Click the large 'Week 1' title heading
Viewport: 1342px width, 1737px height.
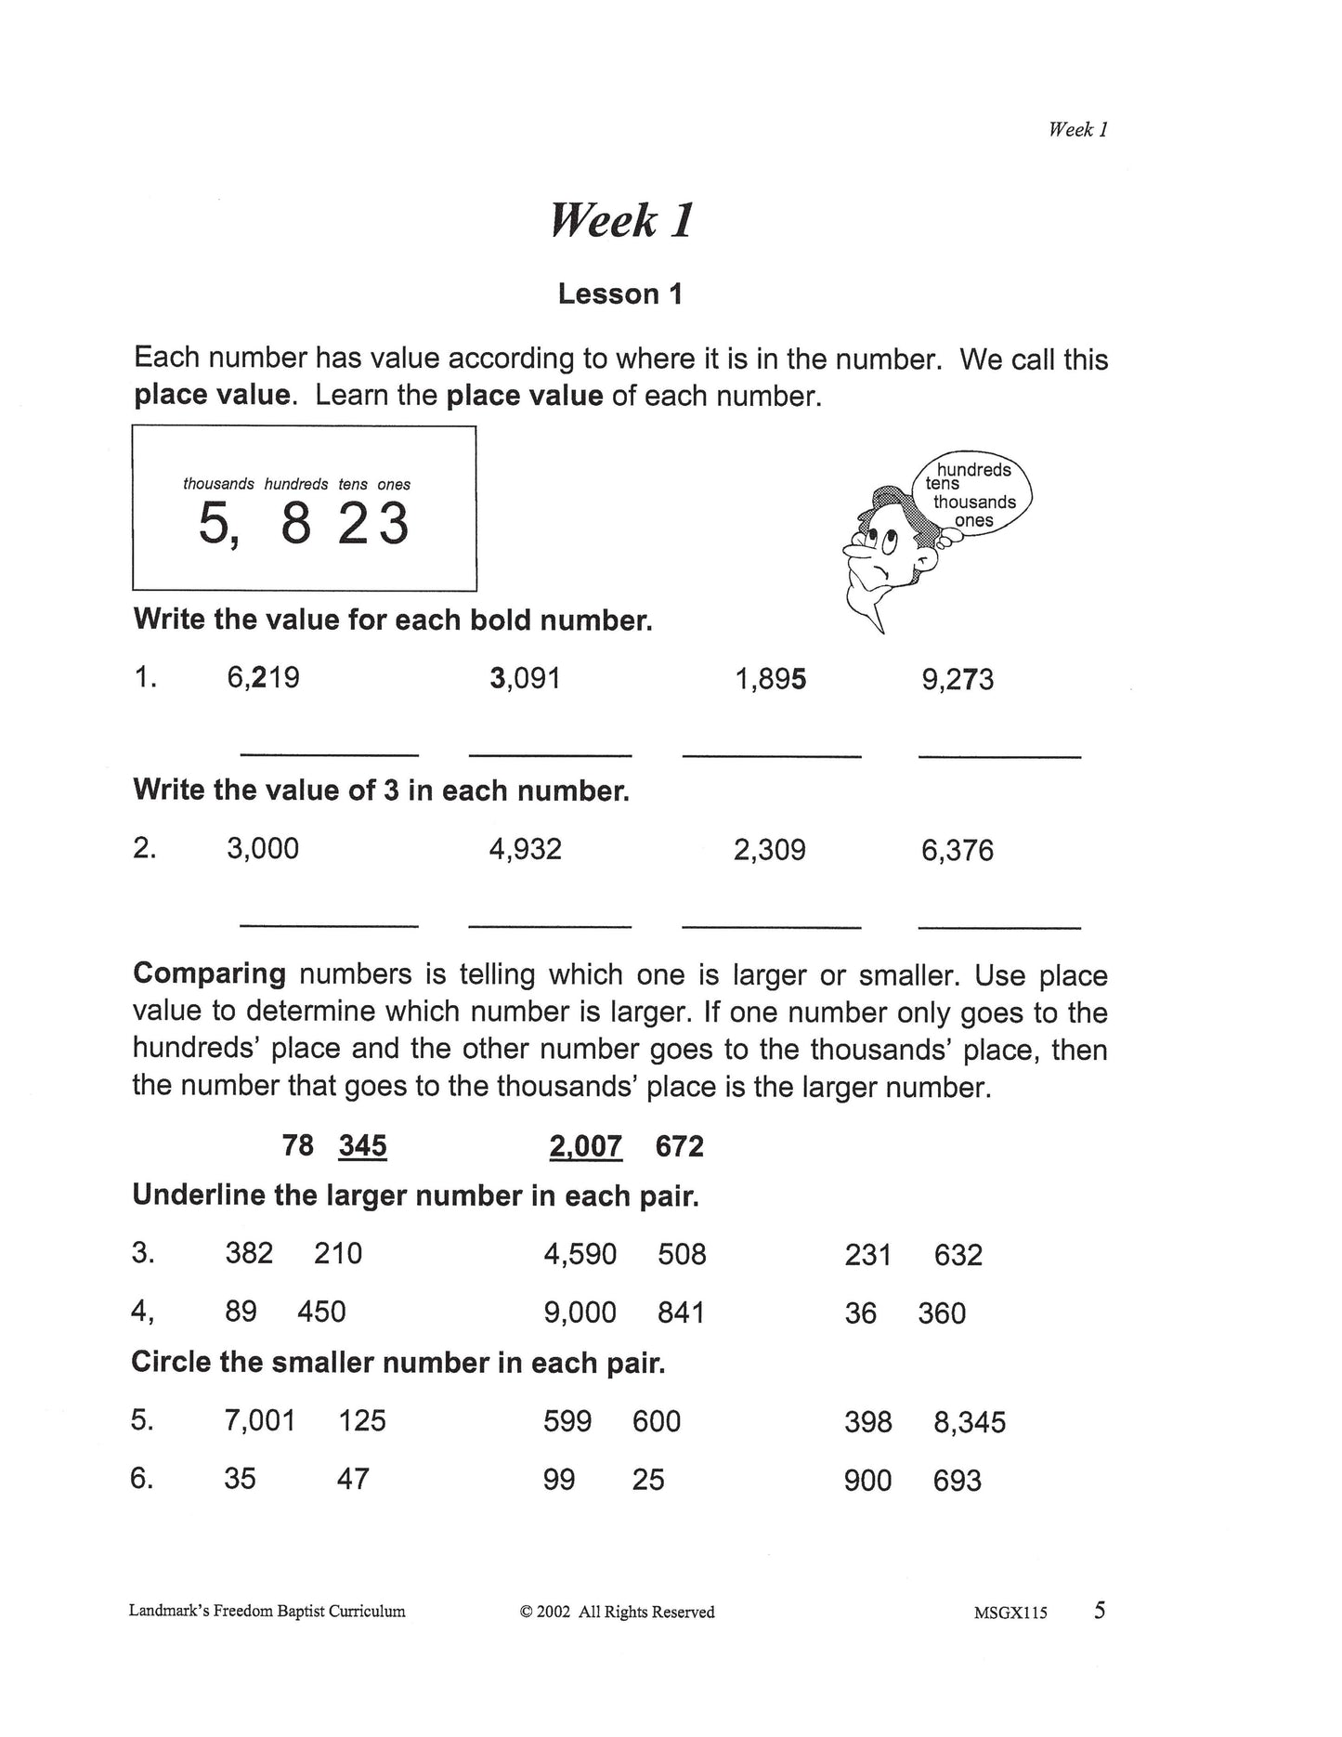click(x=621, y=221)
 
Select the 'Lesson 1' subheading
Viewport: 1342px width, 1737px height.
click(x=620, y=294)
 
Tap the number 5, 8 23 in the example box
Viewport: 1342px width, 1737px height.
click(x=304, y=524)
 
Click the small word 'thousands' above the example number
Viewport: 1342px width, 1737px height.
click(x=218, y=484)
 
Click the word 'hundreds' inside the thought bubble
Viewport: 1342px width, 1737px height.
click(x=973, y=470)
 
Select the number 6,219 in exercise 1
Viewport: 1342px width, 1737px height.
click(x=263, y=678)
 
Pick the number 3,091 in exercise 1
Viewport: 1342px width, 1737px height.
click(x=525, y=678)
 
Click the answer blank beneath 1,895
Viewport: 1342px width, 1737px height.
click(x=772, y=754)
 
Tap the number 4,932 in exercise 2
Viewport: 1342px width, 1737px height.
click(x=525, y=849)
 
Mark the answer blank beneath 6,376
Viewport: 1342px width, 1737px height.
click(x=999, y=925)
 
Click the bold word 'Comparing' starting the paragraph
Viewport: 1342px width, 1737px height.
click(x=209, y=974)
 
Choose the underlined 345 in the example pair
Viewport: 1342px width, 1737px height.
click(x=362, y=1146)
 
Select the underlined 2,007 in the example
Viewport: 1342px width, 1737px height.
click(x=585, y=1147)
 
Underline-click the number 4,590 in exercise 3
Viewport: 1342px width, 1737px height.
click(x=580, y=1255)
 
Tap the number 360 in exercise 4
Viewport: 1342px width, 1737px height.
click(x=942, y=1313)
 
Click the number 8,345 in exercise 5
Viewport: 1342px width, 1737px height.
click(x=970, y=1422)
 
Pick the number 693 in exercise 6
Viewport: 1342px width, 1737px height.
click(x=957, y=1481)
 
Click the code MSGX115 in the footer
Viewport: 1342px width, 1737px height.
click(x=1010, y=1613)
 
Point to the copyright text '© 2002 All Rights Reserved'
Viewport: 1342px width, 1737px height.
click(x=617, y=1613)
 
